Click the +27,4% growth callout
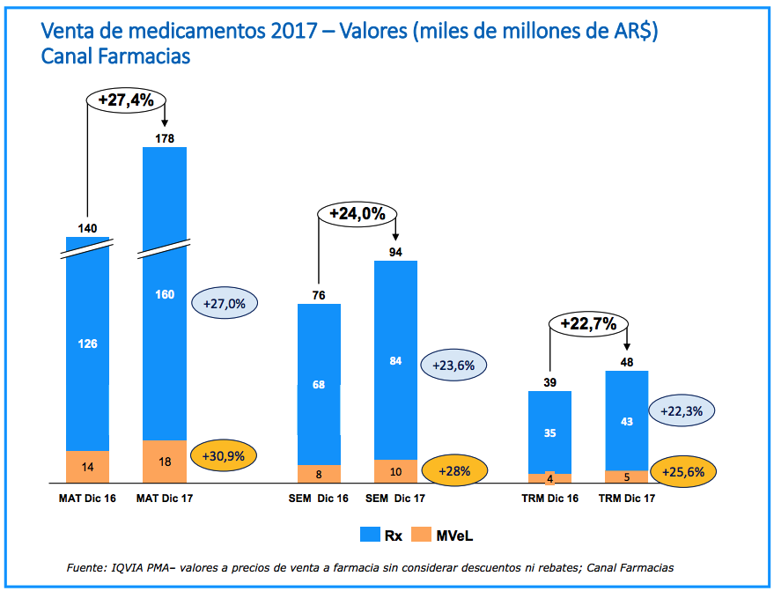pyautogui.click(x=126, y=100)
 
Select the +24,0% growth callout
pyautogui.click(x=358, y=213)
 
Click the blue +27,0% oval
pyautogui.click(x=225, y=303)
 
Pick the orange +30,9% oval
pyautogui.click(x=224, y=457)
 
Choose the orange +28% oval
pyautogui.click(x=453, y=471)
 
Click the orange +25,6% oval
pyautogui.click(x=683, y=472)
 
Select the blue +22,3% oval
pyautogui.click(x=681, y=410)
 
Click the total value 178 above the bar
pyautogui.click(x=165, y=138)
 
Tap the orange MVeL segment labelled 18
pyautogui.click(x=165, y=462)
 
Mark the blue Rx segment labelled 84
pyautogui.click(x=395, y=359)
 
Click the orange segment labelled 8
pyautogui.click(x=319, y=474)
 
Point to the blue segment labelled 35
pyautogui.click(x=549, y=432)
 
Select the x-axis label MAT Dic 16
pyautogui.click(x=87, y=499)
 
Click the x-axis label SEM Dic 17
pyautogui.click(x=395, y=499)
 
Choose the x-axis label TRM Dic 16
pyautogui.click(x=550, y=499)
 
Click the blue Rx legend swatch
pyautogui.click(x=370, y=534)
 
